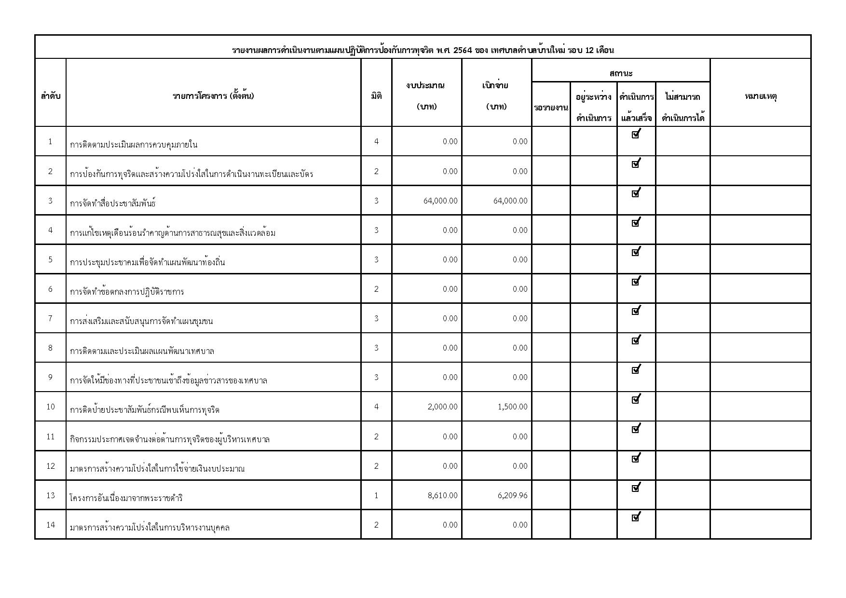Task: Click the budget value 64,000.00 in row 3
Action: click(x=440, y=201)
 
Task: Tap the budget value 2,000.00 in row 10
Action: click(x=442, y=407)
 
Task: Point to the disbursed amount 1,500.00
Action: click(x=512, y=407)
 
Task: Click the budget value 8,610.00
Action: click(x=442, y=495)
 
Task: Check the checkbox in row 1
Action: click(x=636, y=135)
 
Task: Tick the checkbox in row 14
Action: click(x=636, y=517)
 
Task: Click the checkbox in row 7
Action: click(x=636, y=311)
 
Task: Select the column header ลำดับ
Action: click(x=51, y=96)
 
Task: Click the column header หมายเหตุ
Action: click(x=761, y=96)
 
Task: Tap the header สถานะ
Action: click(x=621, y=73)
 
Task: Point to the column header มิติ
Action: click(x=376, y=96)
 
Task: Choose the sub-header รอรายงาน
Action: click(x=551, y=108)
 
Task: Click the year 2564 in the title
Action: click(x=463, y=50)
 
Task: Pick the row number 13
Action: click(x=51, y=495)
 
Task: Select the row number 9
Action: click(x=51, y=377)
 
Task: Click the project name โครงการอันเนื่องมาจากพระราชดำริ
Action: click(x=126, y=498)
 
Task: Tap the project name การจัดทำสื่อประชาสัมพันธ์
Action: click(x=113, y=203)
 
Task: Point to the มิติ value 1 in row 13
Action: click(x=376, y=495)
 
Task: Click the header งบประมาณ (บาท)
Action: click(x=426, y=96)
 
